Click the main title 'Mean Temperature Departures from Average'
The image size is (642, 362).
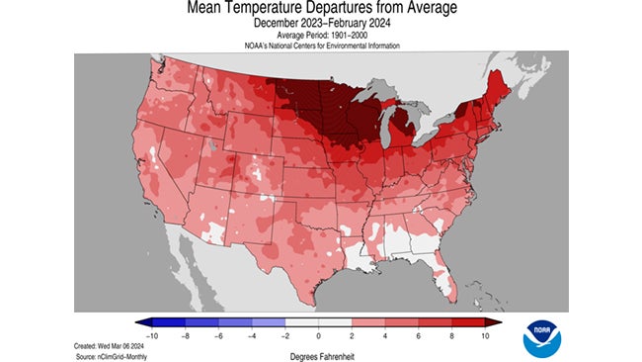pos(320,9)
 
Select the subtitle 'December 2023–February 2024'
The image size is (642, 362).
pos(320,23)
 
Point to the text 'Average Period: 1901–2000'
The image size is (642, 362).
pos(320,35)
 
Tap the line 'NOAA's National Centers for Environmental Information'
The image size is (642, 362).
pos(320,45)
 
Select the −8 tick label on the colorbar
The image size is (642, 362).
pos(185,336)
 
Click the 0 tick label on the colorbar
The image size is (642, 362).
pos(320,336)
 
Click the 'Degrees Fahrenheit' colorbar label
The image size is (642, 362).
pos(320,353)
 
